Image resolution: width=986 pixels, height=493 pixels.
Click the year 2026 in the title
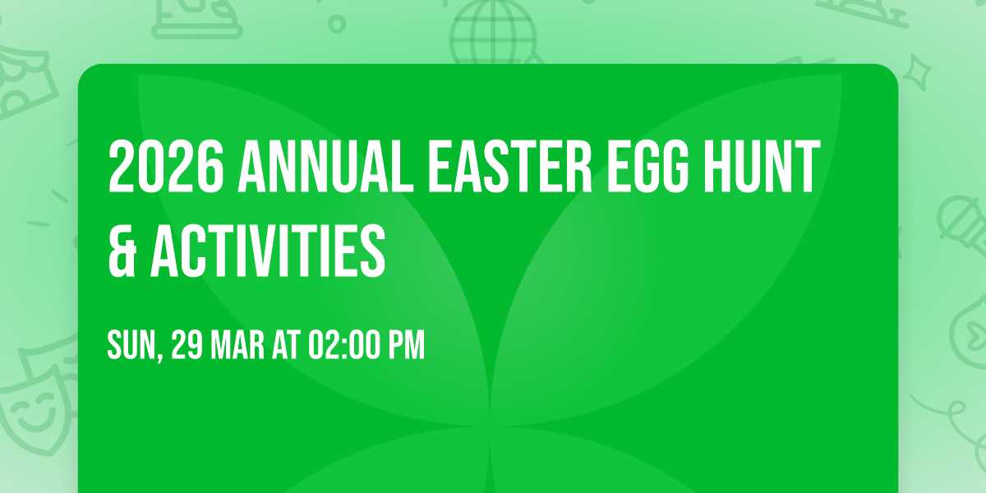point(166,166)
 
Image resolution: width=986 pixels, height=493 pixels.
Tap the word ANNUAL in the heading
point(325,166)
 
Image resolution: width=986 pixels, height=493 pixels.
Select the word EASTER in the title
point(510,166)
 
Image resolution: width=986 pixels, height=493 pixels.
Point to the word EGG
point(648,166)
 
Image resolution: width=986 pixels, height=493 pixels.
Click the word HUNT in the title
point(763,166)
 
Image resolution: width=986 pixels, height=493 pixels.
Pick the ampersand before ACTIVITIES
point(122,251)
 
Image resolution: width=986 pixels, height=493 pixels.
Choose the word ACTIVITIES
point(268,251)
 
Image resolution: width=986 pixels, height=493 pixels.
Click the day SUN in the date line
point(131,344)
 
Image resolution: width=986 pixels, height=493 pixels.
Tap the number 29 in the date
point(187,344)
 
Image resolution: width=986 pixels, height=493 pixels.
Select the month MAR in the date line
point(237,344)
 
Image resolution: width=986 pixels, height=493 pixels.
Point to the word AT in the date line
point(286,344)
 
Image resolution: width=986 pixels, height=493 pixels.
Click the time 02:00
point(344,344)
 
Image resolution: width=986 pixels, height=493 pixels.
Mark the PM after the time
point(407,344)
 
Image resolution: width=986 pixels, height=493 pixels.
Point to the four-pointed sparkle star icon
point(917,71)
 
